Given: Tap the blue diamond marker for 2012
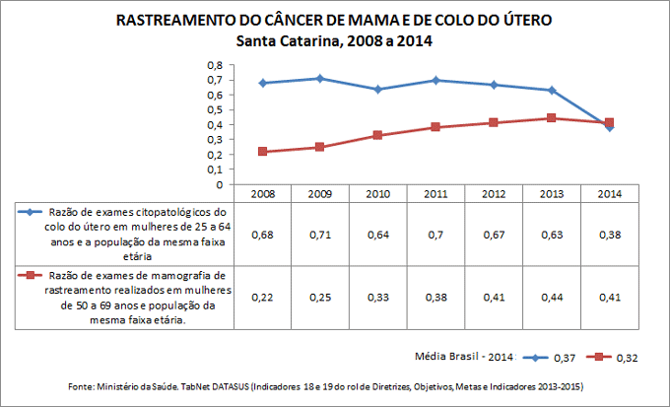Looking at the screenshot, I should click(x=495, y=85).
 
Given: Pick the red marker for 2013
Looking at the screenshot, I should click(x=553, y=118).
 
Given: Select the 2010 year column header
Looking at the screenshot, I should click(x=377, y=193).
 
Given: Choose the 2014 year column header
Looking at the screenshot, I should click(x=611, y=193).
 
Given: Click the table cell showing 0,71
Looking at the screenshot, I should click(x=319, y=236).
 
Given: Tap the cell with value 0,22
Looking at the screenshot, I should click(x=260, y=297).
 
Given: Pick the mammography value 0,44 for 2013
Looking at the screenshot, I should click(x=553, y=297).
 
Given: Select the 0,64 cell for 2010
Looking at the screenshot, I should click(x=377, y=236).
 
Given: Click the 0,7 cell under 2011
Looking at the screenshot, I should click(x=435, y=236).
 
